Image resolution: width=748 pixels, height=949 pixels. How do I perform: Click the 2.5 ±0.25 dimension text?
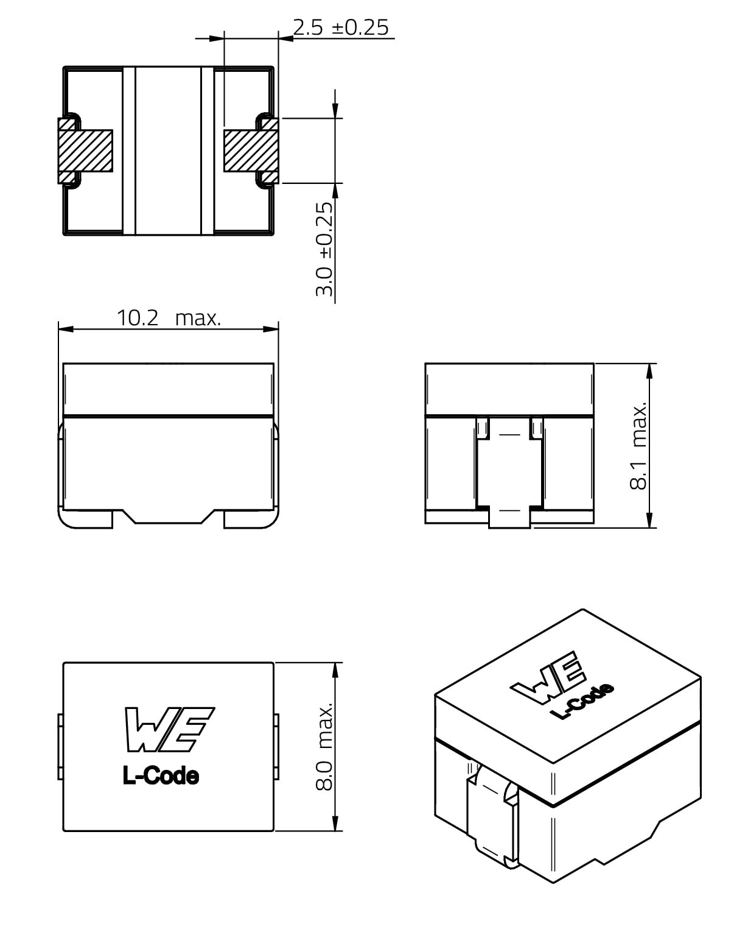click(341, 27)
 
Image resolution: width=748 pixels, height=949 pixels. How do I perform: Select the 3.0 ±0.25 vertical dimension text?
click(324, 249)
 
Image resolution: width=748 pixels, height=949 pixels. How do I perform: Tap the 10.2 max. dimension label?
click(169, 318)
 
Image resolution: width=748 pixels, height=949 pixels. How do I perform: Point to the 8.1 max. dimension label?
click(638, 445)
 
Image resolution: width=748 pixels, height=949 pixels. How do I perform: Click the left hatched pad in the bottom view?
click(85, 151)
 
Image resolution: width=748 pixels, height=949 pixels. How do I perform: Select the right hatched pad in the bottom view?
click(251, 151)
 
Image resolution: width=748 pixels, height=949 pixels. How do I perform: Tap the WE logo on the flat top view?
click(169, 730)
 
